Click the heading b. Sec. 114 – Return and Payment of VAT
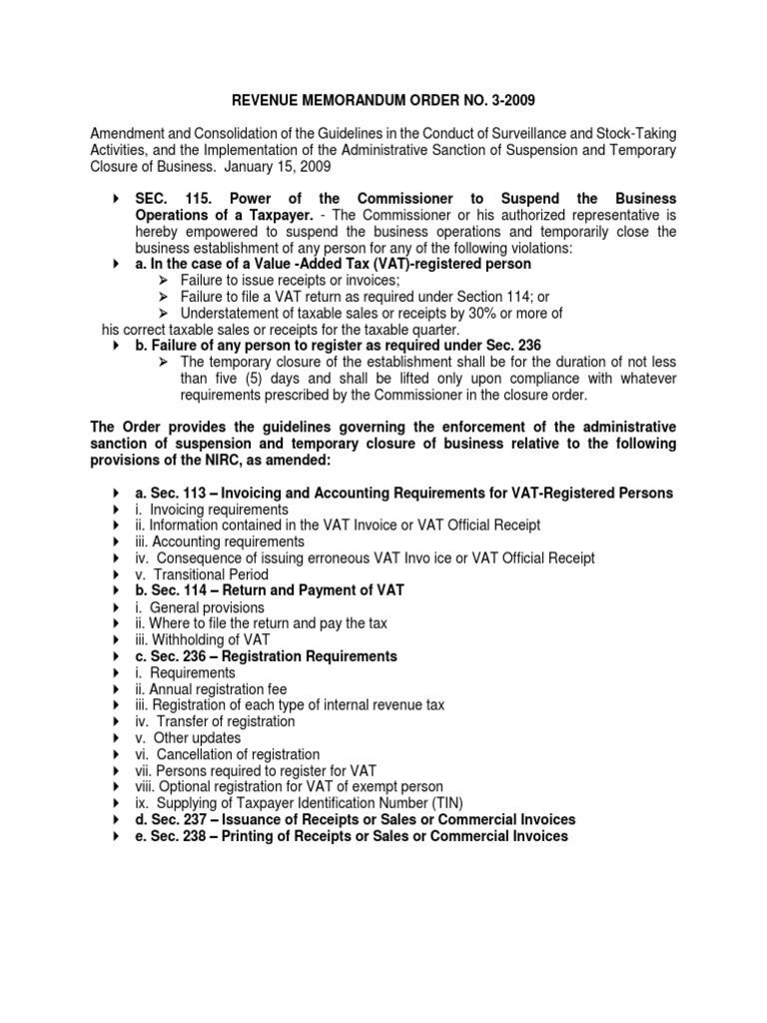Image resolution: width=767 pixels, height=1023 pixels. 270,590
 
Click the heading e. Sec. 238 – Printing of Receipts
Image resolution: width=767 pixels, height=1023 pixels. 352,836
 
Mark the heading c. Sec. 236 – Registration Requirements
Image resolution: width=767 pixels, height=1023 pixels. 266,656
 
